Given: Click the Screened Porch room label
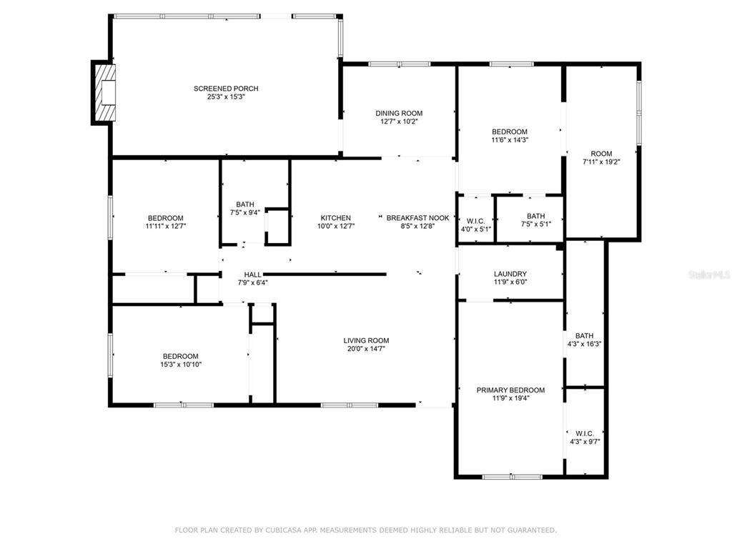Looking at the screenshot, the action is click(226, 89).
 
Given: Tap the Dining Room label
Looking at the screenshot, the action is click(399, 113).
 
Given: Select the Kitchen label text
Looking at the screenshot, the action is click(336, 218).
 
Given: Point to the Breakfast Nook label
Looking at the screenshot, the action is click(417, 218).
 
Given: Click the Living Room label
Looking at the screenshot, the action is click(366, 341).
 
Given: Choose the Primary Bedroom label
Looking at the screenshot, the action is click(510, 390).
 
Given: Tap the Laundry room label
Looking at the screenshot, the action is click(510, 274).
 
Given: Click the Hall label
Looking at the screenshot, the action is click(252, 274).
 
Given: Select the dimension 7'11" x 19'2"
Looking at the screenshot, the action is click(601, 162).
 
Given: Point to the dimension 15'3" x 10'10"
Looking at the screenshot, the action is click(181, 365).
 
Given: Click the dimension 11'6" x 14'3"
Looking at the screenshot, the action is click(510, 139).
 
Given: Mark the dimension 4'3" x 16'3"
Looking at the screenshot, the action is click(585, 344).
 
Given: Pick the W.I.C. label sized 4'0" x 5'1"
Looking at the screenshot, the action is click(475, 222).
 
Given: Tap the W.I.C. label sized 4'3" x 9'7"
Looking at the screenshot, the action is click(585, 434).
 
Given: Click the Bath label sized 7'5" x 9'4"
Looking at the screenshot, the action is click(245, 204).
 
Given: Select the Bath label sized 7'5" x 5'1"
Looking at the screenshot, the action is click(536, 216).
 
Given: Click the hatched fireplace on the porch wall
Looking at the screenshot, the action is click(103, 92).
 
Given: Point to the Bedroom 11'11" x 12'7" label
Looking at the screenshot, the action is click(166, 218).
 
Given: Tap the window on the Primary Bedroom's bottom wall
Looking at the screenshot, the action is click(512, 477).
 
